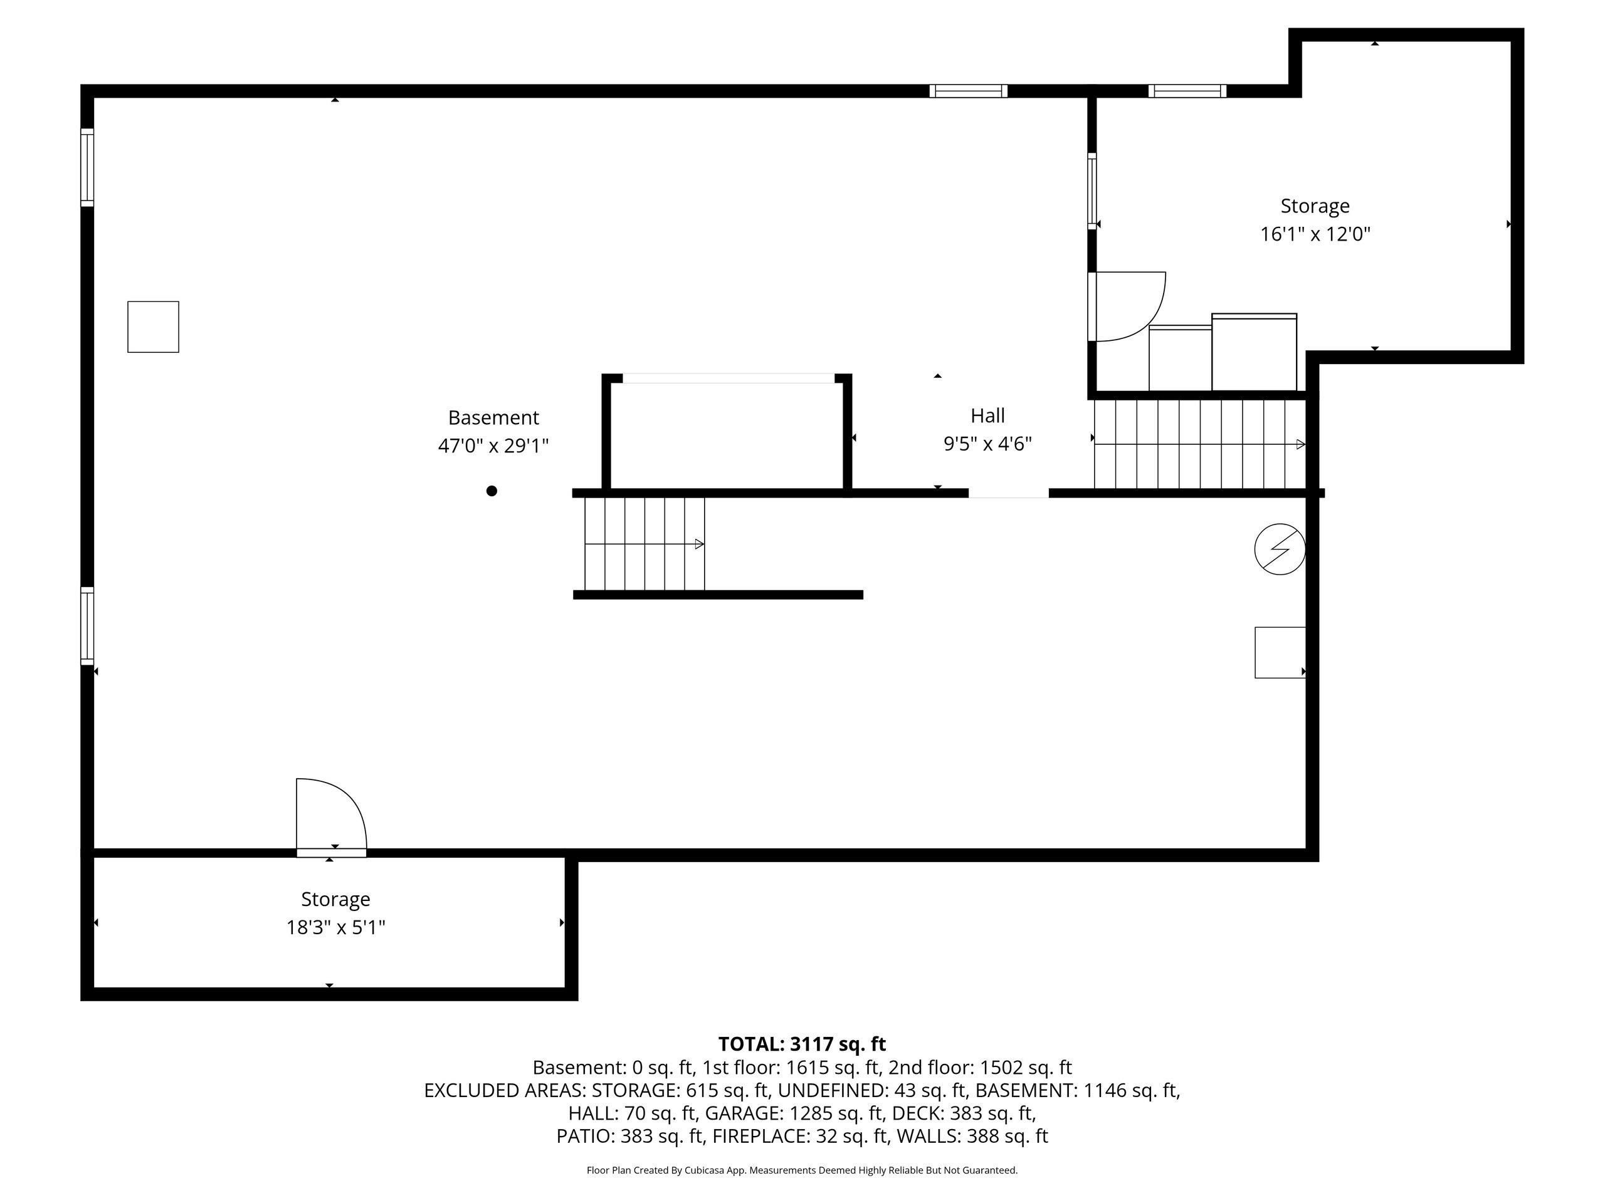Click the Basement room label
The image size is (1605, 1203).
(x=493, y=418)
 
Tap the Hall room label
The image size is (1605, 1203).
(x=987, y=415)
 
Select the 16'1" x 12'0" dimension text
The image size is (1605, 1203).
(x=1315, y=234)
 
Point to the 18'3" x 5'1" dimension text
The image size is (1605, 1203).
(x=336, y=927)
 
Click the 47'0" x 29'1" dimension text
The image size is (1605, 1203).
(x=493, y=445)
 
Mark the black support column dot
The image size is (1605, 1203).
(x=492, y=491)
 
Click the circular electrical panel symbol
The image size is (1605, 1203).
(x=1280, y=549)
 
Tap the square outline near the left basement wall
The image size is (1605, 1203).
(x=153, y=327)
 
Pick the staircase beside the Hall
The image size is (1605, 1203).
(x=1200, y=444)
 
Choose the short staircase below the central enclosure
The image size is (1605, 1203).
(x=645, y=544)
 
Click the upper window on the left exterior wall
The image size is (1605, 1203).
(x=87, y=167)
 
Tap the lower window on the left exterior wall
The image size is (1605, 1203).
(x=87, y=626)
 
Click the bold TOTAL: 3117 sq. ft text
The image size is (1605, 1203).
(x=802, y=1044)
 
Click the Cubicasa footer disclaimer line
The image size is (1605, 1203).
(x=802, y=1170)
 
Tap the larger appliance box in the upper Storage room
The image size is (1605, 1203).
(x=1254, y=352)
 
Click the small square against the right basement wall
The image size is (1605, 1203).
(x=1281, y=653)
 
